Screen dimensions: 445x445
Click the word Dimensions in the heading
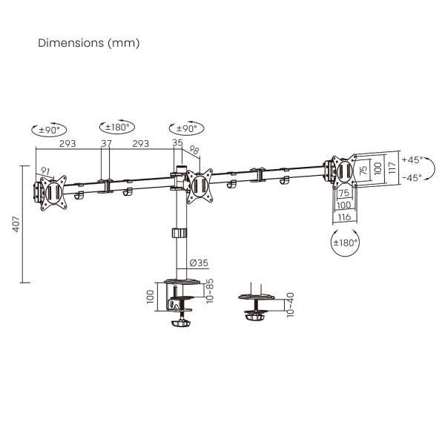pyautogui.click(x=71, y=43)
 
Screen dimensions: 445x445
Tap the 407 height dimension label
pyautogui.click(x=16, y=224)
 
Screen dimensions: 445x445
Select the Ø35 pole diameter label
pyautogui.click(x=199, y=263)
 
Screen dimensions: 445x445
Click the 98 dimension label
pyautogui.click(x=194, y=150)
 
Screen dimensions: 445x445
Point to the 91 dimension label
pyautogui.click(x=45, y=171)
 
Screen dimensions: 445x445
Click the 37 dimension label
pyautogui.click(x=106, y=143)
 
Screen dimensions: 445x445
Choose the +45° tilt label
pyautogui.click(x=412, y=159)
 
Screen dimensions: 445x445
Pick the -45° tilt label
pyautogui.click(x=412, y=178)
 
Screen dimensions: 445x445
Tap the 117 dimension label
pyautogui.click(x=392, y=168)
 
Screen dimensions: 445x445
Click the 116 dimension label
pyautogui.click(x=344, y=217)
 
